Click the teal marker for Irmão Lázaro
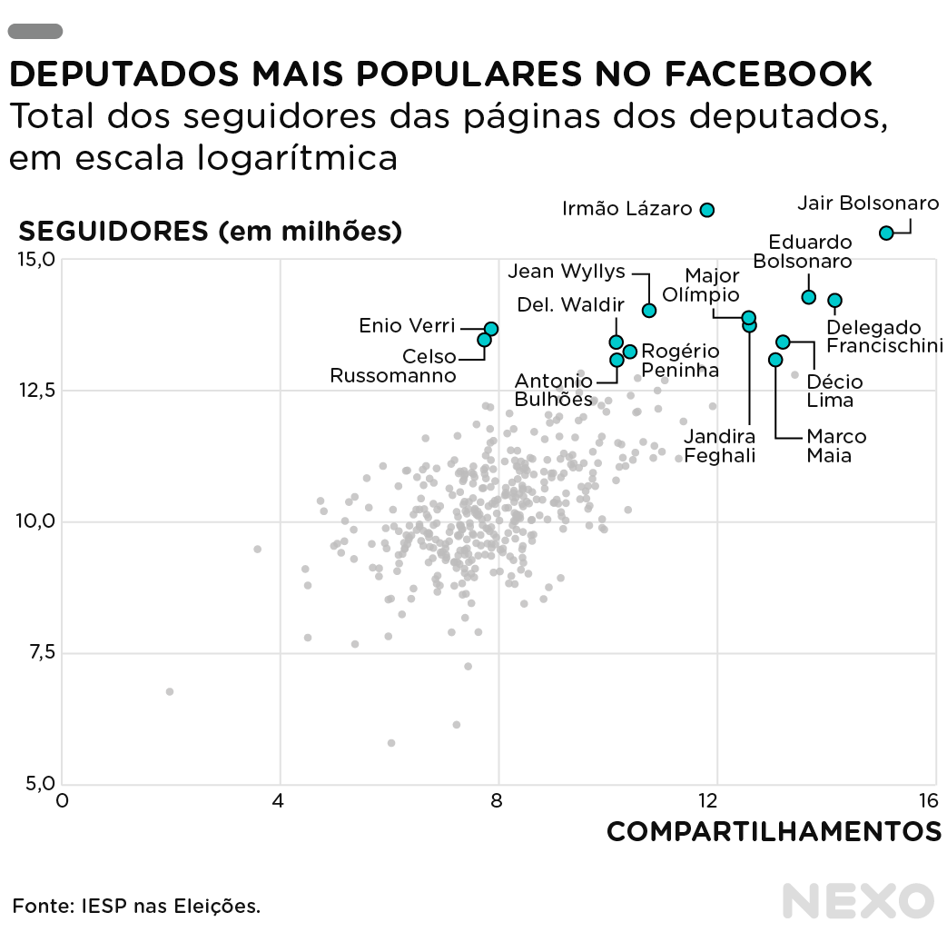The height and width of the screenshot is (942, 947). tap(707, 210)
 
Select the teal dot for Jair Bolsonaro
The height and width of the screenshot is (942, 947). tap(886, 233)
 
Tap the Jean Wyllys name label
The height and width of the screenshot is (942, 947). tap(567, 271)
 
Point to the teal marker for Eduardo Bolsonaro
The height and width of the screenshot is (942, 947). tap(808, 297)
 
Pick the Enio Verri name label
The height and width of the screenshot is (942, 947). tap(407, 325)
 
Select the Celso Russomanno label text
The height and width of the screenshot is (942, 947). tap(393, 366)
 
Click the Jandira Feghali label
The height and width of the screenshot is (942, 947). tap(720, 446)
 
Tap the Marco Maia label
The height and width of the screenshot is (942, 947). tap(836, 445)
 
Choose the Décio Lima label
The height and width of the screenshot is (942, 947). tap(834, 391)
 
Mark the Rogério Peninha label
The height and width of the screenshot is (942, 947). tap(680, 361)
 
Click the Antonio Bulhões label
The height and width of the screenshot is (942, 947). tap(554, 390)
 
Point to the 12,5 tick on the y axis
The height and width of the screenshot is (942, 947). tap(37, 390)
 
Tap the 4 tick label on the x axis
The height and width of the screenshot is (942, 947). tap(279, 800)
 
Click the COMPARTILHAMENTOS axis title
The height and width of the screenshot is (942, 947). tap(774, 831)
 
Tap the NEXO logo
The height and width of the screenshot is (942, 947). tap(858, 901)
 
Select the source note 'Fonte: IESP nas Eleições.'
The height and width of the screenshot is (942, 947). tap(136, 906)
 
